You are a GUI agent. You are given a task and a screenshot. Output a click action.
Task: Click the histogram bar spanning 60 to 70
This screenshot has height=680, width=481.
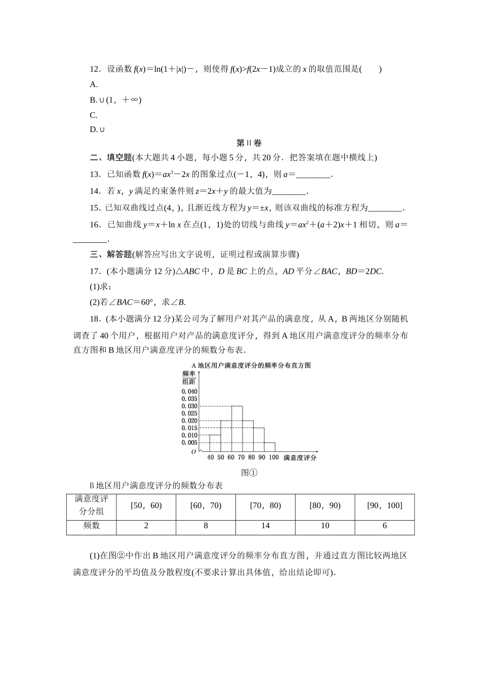pyautogui.click(x=236, y=429)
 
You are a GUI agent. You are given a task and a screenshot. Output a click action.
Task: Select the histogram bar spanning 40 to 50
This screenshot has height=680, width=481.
pyautogui.click(x=215, y=443)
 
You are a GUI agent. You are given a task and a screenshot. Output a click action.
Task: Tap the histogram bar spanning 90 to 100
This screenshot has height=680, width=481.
pyautogui.click(x=269, y=447)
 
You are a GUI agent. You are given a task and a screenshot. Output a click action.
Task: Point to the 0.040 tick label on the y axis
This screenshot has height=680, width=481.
pyautogui.click(x=189, y=392)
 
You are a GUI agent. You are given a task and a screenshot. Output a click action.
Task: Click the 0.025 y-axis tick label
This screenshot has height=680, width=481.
pyautogui.click(x=189, y=413)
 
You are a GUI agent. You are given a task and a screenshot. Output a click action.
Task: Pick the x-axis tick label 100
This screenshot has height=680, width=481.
pyautogui.click(x=273, y=457)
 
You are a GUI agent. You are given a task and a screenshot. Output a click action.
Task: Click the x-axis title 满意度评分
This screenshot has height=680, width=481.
pyautogui.click(x=300, y=458)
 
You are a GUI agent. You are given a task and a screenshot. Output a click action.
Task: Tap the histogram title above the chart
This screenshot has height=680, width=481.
pyautogui.click(x=251, y=365)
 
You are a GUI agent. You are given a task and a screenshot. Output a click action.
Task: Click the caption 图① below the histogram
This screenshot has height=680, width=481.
pyautogui.click(x=250, y=473)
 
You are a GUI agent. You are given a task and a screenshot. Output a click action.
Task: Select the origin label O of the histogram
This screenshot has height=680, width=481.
pyautogui.click(x=193, y=451)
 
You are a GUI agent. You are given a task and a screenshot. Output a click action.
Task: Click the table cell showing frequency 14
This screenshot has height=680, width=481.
pyautogui.click(x=265, y=526)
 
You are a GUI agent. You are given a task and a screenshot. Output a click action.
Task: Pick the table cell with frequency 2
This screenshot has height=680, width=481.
pyautogui.click(x=146, y=526)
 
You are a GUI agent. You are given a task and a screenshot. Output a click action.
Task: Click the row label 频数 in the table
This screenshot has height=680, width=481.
pyautogui.click(x=91, y=526)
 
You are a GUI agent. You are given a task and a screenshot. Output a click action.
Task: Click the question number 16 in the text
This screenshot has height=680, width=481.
pyautogui.click(x=94, y=225)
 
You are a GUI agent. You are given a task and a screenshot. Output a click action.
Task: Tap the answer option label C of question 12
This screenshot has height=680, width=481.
pyautogui.click(x=93, y=115)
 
